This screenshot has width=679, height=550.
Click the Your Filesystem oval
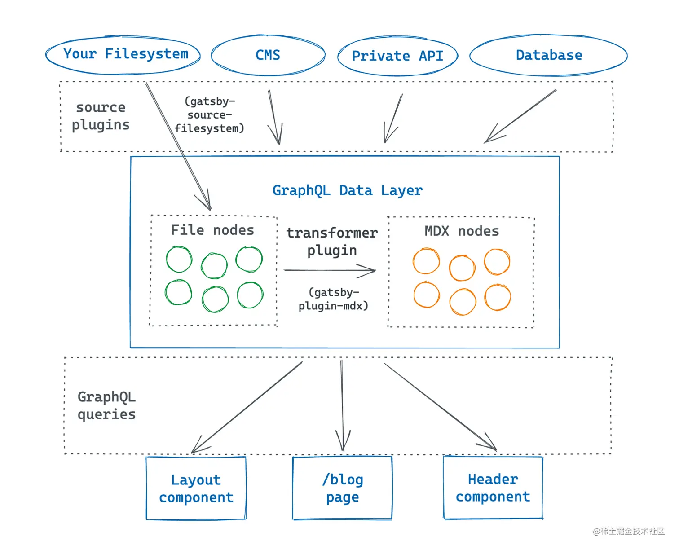pos(123,55)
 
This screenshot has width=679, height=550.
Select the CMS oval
pos(268,55)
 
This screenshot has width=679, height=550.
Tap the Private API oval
pos(397,56)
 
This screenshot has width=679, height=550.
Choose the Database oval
pos(548,55)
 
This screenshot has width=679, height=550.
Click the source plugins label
pos(101,116)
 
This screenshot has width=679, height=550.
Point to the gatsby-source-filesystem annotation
pos(209,115)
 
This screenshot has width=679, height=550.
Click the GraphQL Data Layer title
pos(347,190)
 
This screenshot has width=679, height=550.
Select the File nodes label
pos(212,230)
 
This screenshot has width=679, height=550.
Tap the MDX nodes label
pos(462,231)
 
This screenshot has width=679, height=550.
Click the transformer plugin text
pos(332,241)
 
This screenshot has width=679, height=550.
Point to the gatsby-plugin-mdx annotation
pos(334,299)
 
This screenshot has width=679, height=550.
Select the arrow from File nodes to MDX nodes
pos(330,270)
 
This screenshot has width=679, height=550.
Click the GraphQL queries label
pos(106,405)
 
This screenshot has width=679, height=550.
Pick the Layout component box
pos(196,488)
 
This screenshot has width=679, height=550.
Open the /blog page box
pos(342,488)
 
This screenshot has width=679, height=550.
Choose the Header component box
pos(493,488)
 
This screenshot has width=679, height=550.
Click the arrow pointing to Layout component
pos(247,407)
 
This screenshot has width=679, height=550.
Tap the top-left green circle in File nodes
pos(179,260)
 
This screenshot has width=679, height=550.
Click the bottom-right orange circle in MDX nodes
pos(498,298)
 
